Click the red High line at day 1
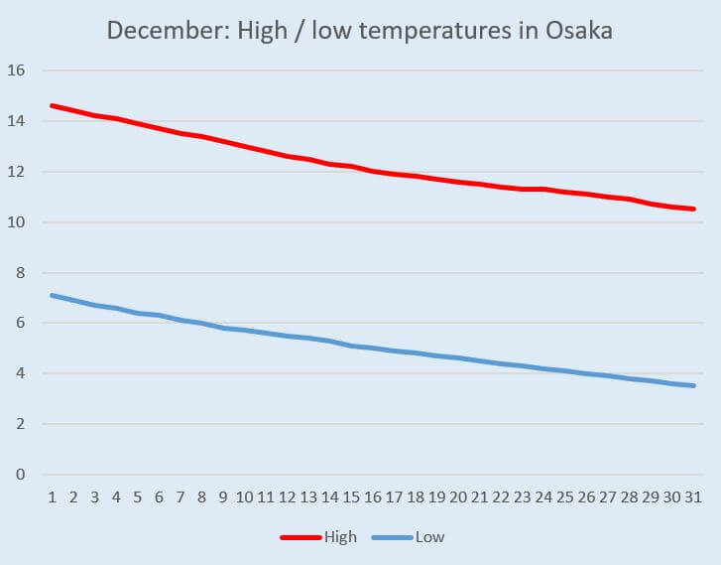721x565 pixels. pyautogui.click(x=52, y=105)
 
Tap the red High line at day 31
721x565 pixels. pyautogui.click(x=694, y=209)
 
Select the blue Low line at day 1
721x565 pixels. pyautogui.click(x=52, y=295)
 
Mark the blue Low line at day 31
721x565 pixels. pyautogui.click(x=694, y=385)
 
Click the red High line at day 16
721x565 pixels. pyautogui.click(x=373, y=171)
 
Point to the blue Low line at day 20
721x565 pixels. pyautogui.click(x=458, y=357)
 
